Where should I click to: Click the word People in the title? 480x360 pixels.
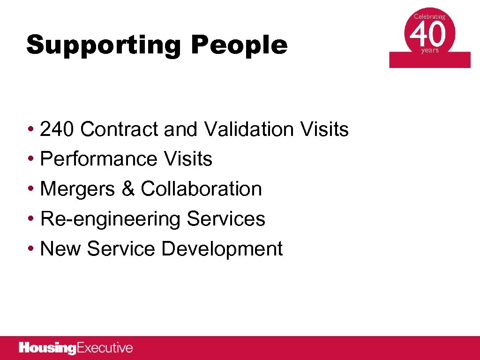(x=239, y=45)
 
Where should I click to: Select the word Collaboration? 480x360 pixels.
(x=201, y=189)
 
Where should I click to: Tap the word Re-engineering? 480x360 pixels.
(x=110, y=219)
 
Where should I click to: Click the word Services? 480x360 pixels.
(x=226, y=219)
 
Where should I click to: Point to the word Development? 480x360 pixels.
(x=222, y=249)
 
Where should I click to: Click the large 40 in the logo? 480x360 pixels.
(x=429, y=34)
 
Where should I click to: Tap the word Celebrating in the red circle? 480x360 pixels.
(x=429, y=16)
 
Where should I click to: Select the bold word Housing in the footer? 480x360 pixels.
(x=47, y=348)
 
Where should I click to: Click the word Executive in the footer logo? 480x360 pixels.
(x=105, y=348)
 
